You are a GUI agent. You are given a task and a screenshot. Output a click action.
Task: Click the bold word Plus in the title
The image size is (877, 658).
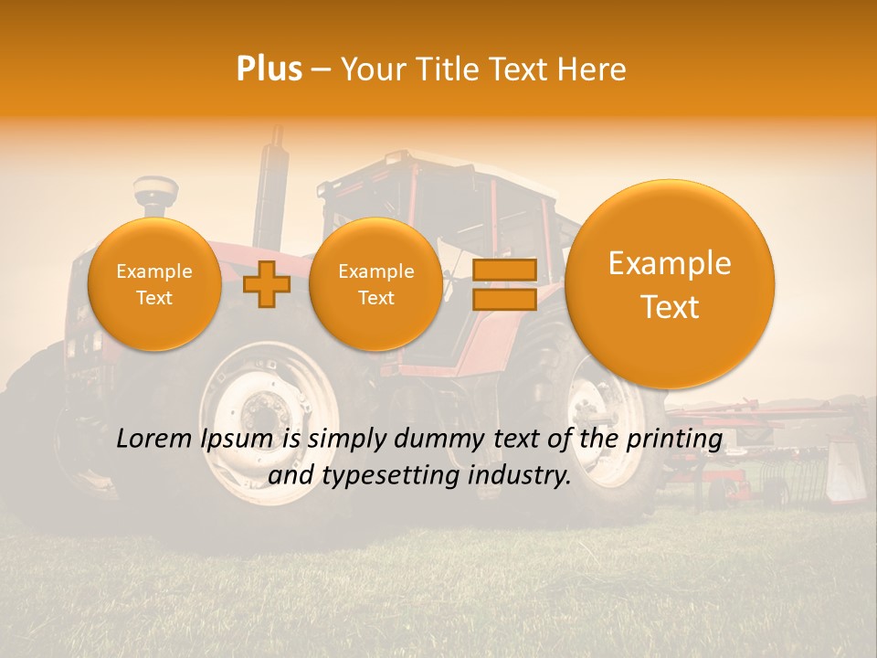point(269,69)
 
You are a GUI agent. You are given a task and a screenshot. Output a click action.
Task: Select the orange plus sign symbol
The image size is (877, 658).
point(267,284)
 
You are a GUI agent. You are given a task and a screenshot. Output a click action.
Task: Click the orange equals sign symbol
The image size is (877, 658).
point(504,284)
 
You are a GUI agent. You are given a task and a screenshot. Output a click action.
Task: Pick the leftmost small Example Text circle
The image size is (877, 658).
point(154,284)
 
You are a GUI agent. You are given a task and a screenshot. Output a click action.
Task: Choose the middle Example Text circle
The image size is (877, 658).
point(375,284)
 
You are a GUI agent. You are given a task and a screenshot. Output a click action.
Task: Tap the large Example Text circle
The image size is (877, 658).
point(670,284)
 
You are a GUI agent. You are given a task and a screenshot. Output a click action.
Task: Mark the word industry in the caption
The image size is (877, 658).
point(518,475)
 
